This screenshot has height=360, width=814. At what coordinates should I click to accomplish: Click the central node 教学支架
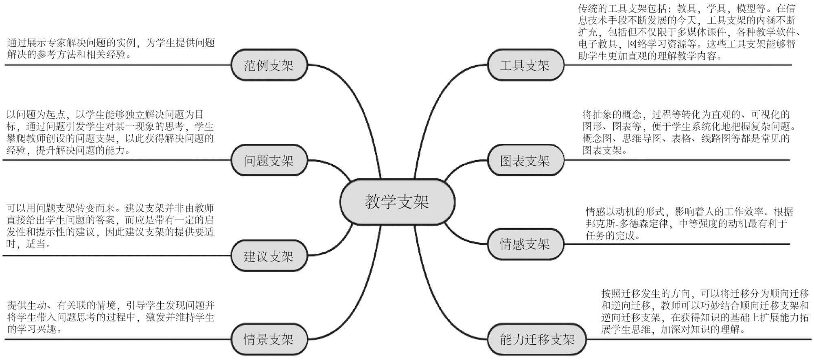pos(397,202)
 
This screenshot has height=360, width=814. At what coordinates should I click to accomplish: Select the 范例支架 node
pos(269,65)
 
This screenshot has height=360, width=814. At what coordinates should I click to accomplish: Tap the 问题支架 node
pos(269,161)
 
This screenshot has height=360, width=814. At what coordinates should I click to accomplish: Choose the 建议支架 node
pos(269,256)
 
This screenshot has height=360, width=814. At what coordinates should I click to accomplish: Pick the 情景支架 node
pos(269,339)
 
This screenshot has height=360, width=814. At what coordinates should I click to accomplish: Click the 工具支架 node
pos(525,65)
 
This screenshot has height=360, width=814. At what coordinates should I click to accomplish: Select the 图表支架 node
pos(525,161)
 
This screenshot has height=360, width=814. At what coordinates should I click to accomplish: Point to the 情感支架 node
pos(525,244)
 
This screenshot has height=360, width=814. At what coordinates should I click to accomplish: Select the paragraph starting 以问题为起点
pos(110,132)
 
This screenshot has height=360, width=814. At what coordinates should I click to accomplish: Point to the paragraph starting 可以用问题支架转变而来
pos(110,226)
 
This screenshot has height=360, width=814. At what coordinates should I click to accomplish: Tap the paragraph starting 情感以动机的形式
pos(688,223)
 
